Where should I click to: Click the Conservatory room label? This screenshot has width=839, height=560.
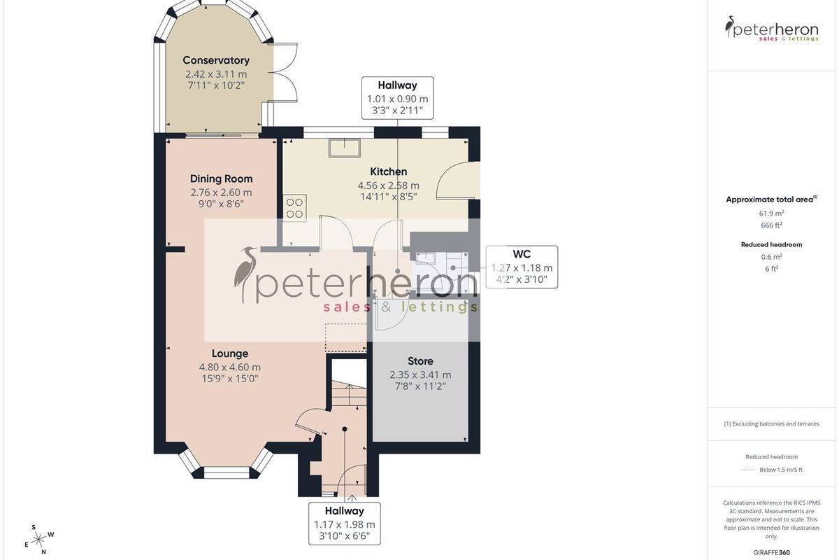click(x=216, y=60)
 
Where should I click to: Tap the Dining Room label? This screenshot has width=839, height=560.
click(x=222, y=179)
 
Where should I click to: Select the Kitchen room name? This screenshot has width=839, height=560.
click(x=389, y=171)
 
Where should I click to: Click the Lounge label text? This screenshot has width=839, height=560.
click(x=230, y=353)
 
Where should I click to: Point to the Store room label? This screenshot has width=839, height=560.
click(x=420, y=361)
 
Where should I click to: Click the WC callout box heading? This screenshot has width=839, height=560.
click(x=522, y=254)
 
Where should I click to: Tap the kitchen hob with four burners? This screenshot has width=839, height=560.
click(x=294, y=208)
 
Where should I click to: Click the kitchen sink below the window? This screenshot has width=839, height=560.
click(x=345, y=148)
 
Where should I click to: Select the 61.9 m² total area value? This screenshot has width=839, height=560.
click(x=772, y=213)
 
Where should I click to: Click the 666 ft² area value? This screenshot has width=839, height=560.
click(x=772, y=225)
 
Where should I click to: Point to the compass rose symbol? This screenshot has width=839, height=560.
click(x=39, y=540)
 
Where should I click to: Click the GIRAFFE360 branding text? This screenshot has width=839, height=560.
click(x=772, y=552)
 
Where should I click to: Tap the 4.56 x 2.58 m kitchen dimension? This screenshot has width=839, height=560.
click(x=389, y=185)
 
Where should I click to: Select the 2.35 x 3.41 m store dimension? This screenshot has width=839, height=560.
click(x=420, y=374)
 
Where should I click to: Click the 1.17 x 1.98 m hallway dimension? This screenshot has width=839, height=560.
click(x=344, y=525)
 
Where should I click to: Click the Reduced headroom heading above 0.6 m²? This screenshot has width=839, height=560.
click(x=772, y=244)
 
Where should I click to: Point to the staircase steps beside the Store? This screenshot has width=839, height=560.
click(x=349, y=394)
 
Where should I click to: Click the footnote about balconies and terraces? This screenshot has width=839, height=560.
click(x=772, y=423)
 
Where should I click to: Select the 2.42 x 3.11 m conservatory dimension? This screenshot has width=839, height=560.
click(x=216, y=74)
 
